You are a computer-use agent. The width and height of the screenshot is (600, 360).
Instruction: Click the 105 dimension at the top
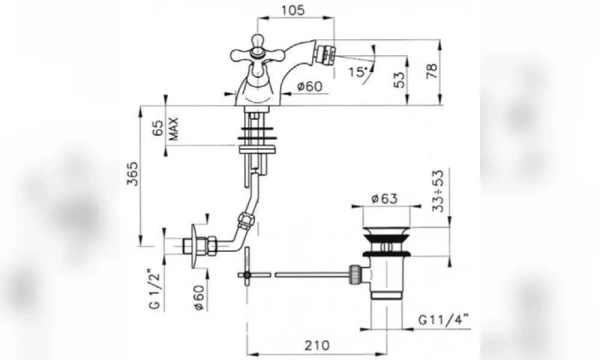point(293,10)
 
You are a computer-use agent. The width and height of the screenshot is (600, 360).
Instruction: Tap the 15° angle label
point(358,72)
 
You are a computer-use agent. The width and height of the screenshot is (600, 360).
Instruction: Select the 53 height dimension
point(399,80)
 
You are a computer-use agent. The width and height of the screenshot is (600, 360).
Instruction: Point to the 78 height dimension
point(432,71)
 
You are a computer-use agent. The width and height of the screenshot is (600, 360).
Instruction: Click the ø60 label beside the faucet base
point(310,86)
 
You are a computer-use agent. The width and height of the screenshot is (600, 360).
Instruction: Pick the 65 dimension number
point(158,128)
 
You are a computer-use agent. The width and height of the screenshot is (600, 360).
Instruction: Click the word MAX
point(173,129)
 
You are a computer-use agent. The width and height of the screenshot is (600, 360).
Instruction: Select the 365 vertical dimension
point(132,174)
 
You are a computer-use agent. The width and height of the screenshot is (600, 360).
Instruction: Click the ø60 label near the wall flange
point(199,297)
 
